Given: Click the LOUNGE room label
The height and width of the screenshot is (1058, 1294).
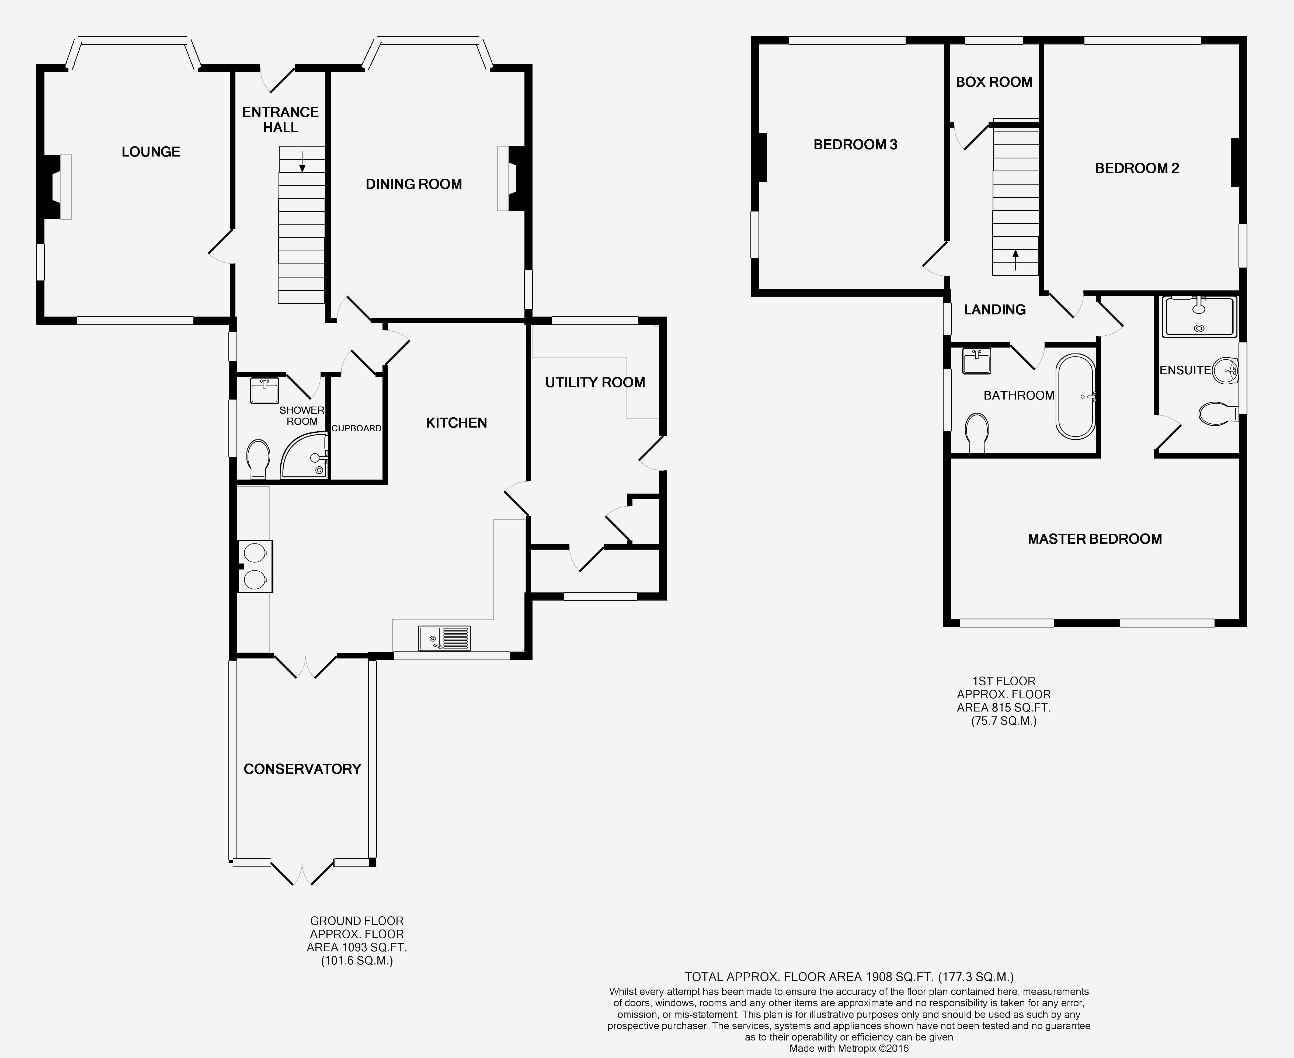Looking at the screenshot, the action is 151,152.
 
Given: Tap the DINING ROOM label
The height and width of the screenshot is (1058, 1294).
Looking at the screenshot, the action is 414,184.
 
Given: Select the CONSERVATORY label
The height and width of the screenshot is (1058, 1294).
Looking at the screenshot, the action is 302,769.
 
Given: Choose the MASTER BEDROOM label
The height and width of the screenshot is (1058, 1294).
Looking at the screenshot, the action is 1095,539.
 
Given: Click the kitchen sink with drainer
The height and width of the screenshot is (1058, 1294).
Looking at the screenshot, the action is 444,638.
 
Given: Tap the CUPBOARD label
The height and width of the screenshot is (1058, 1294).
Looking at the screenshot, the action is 356,428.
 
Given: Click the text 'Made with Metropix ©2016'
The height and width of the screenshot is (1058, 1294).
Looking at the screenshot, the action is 849,1048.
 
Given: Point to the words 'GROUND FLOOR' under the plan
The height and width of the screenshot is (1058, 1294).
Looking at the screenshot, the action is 356,921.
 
